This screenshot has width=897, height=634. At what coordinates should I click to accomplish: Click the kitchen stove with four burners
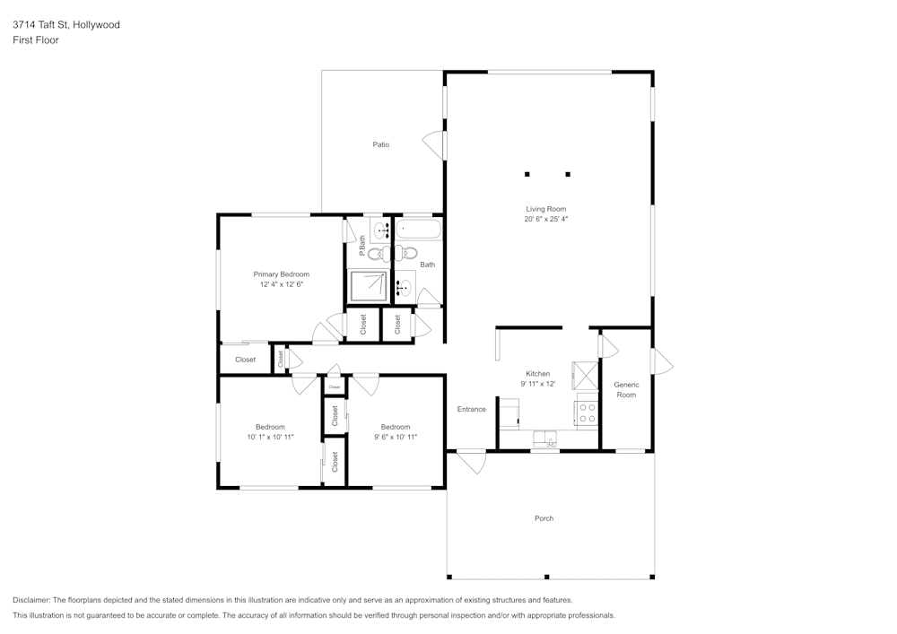[x=587, y=413]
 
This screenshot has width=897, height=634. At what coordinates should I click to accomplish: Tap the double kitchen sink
[x=545, y=439]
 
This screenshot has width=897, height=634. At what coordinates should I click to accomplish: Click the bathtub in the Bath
[x=419, y=230]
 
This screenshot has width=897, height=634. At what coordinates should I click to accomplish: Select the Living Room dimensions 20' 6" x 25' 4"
[x=546, y=219]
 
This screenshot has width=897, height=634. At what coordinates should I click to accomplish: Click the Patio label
[x=381, y=144]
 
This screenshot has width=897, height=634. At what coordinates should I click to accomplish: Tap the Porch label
[x=544, y=518]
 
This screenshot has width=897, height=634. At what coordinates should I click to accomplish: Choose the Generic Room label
[x=626, y=389]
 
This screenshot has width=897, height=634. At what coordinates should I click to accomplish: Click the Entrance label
[x=471, y=409]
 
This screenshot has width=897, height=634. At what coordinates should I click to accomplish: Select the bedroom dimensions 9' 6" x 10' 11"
[x=395, y=437]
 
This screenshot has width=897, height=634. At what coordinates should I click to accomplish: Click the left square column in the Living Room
[x=527, y=174]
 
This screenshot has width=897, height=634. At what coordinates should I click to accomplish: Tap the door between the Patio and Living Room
[x=434, y=145]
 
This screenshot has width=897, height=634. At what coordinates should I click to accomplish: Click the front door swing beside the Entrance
[x=470, y=461]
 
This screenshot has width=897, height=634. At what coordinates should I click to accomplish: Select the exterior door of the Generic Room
[x=662, y=360]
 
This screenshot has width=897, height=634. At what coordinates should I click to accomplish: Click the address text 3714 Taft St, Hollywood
[x=66, y=25]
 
